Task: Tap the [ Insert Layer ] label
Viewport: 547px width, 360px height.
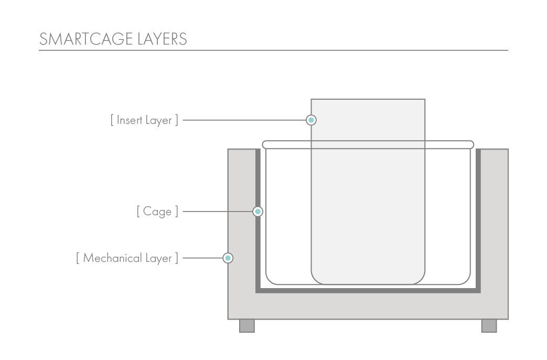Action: click(144, 120)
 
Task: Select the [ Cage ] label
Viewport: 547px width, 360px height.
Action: click(157, 211)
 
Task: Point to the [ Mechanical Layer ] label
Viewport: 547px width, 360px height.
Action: click(127, 258)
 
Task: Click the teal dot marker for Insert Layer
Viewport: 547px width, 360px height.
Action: click(311, 120)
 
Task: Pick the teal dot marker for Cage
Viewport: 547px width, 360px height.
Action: click(258, 211)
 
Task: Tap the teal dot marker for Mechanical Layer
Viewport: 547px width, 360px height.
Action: click(228, 258)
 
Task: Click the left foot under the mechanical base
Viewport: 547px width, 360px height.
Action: click(247, 326)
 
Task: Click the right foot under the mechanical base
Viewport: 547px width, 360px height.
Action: click(489, 326)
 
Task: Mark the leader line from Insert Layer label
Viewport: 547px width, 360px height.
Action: click(244, 120)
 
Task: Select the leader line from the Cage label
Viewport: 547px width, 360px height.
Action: click(218, 211)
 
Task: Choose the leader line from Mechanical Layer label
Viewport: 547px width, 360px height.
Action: click(202, 258)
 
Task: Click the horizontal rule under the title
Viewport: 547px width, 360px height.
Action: click(273, 50)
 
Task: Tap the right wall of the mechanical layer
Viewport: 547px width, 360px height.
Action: click(494, 220)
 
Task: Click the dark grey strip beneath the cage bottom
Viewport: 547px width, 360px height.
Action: click(368, 290)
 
